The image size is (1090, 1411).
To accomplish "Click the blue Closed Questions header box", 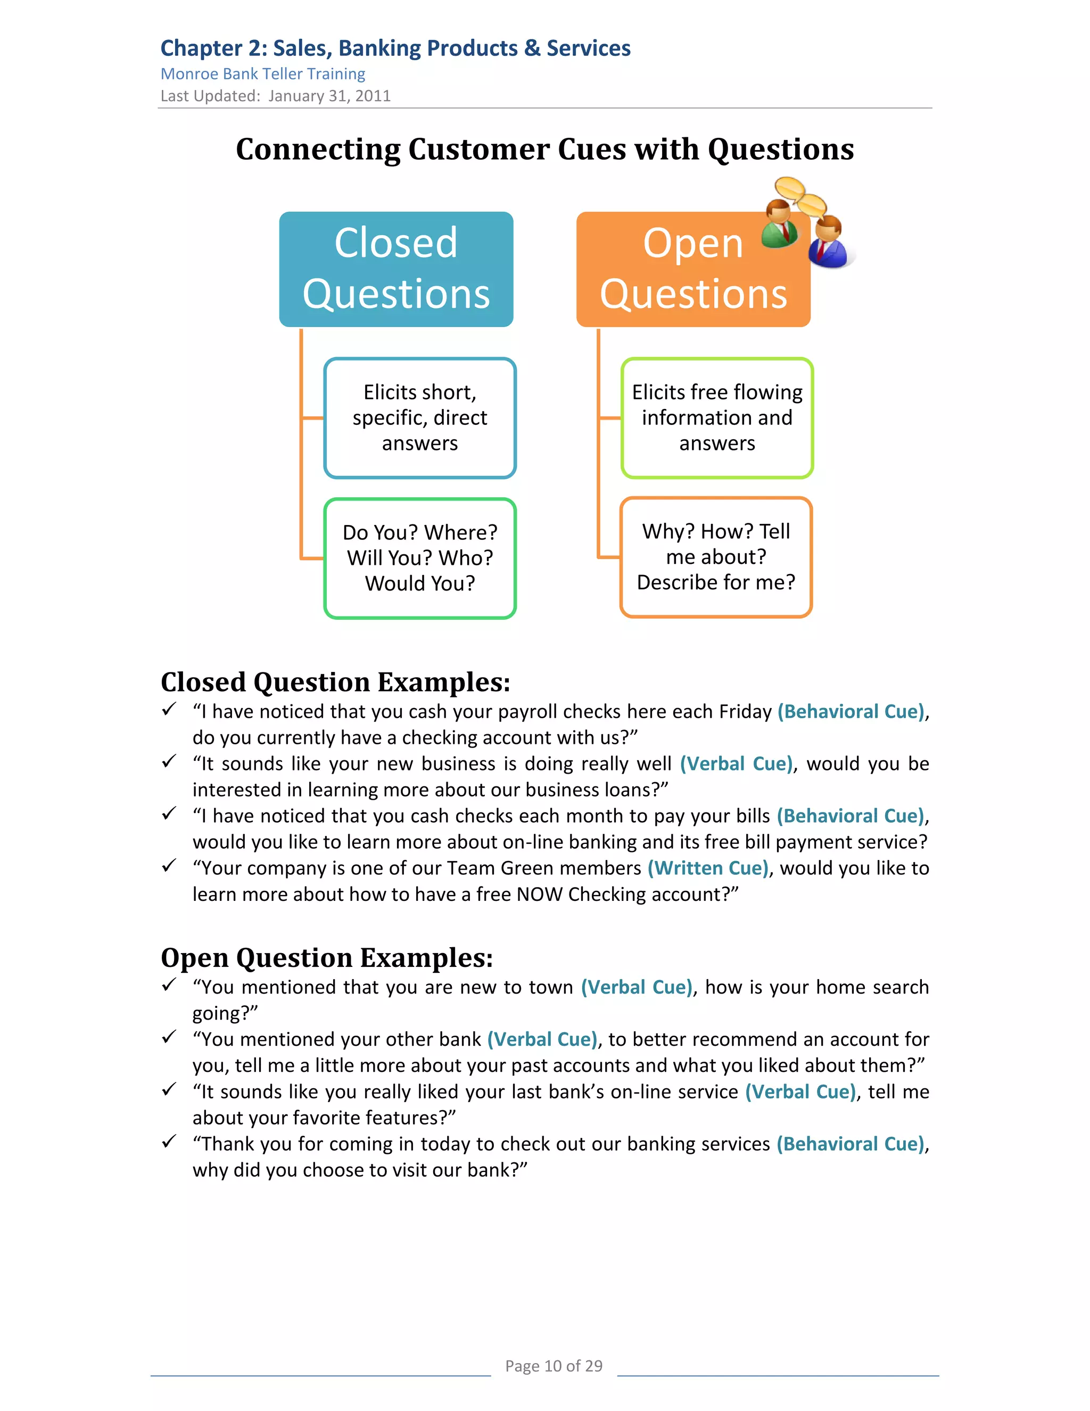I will (396, 269).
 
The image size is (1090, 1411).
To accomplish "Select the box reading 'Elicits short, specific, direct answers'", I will (420, 418).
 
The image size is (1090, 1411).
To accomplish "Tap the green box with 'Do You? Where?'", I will (420, 558).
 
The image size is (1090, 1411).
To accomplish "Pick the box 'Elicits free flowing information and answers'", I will (717, 418).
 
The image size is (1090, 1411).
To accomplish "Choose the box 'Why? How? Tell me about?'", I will (715, 557).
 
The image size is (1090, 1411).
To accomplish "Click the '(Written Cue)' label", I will (708, 868).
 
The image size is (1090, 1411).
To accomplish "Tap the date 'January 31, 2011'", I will (329, 96).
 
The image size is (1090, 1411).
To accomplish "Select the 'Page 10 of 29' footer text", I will (554, 1366).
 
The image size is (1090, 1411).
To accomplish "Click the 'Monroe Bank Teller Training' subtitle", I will (263, 75).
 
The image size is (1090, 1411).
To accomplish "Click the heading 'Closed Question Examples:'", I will (335, 682).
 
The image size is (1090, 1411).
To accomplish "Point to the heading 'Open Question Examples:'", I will (327, 957).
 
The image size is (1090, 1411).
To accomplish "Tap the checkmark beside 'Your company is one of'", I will (169, 866).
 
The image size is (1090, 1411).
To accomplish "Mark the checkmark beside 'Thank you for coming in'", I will (169, 1142).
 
